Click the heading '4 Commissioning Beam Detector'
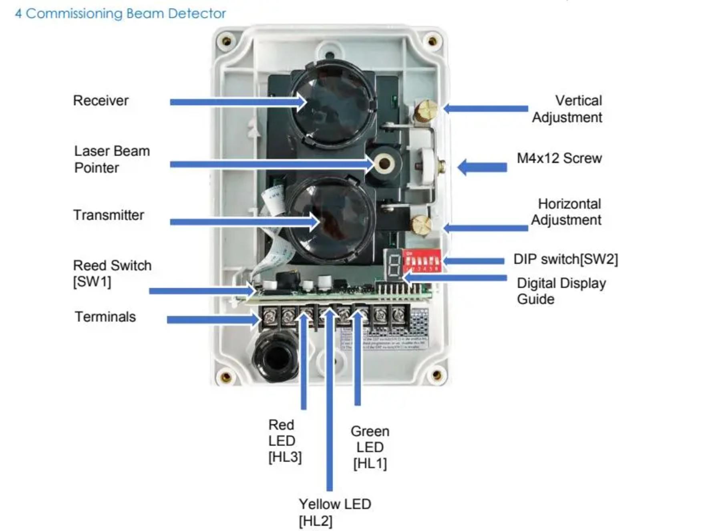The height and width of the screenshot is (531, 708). coord(120,14)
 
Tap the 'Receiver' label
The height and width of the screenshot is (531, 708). coord(101,101)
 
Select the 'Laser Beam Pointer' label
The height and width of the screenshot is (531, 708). coord(112,159)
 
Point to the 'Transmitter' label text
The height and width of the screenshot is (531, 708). coord(108,215)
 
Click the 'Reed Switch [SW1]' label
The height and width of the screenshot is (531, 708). coord(112,274)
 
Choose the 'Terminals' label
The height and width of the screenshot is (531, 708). coord(105,317)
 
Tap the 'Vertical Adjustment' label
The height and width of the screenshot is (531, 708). coord(567,109)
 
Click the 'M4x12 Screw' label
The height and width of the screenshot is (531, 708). coord(559,158)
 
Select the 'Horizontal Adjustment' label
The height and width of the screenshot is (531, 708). coord(566,212)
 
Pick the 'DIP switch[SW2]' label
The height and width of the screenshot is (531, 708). coord(565,259)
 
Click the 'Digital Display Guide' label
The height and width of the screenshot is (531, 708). coord(561,291)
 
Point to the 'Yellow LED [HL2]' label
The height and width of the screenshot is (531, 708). coord(334,512)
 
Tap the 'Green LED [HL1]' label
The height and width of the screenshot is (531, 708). coord(370,447)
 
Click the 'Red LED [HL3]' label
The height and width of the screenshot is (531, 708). coord(284,440)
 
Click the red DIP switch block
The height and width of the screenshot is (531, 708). coord(422,260)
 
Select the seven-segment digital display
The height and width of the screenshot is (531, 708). coord(394,264)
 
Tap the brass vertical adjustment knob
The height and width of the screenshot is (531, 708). coord(425,110)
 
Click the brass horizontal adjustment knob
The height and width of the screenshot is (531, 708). coord(422,225)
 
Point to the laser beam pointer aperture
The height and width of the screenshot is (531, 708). coord(384,163)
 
